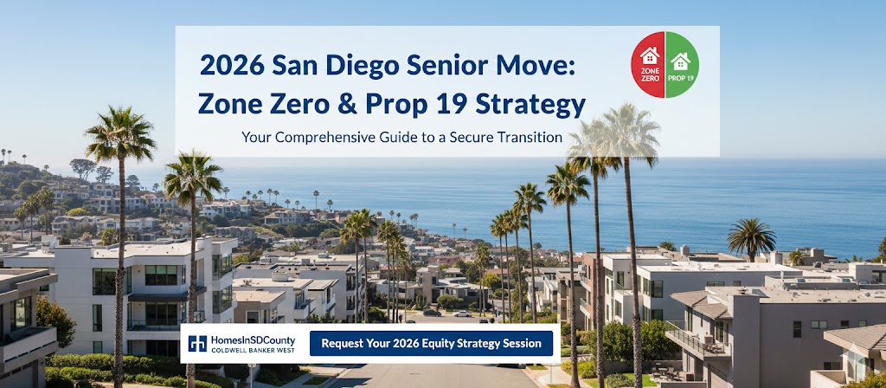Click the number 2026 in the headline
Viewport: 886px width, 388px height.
pos(232,66)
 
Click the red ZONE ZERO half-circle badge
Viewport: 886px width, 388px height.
pos(647,64)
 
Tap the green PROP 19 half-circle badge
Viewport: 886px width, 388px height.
pos(682,64)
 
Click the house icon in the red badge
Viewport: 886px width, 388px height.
pos(650,55)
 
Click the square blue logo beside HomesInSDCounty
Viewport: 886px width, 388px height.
pos(197,343)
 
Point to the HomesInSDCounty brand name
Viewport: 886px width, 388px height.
pos(254,339)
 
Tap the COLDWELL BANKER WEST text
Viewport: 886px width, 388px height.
pos(253,350)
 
